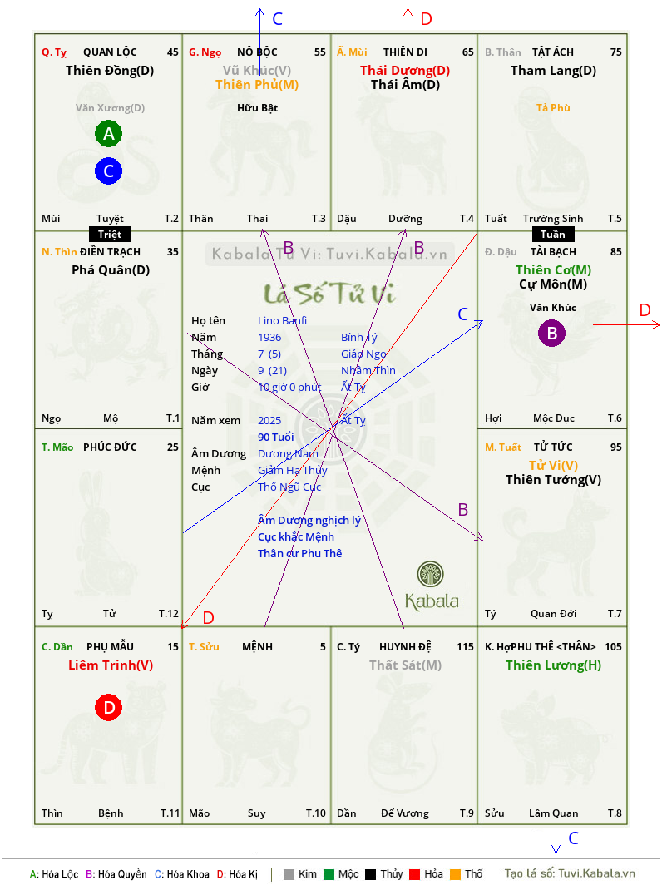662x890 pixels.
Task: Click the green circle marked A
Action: [108, 134]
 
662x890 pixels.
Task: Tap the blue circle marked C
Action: [108, 171]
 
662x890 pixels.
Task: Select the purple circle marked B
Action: [552, 334]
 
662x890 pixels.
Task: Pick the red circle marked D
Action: [108, 707]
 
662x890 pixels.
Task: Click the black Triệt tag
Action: [110, 235]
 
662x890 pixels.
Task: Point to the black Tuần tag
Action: [553, 235]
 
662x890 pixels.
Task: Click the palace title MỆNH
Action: [257, 646]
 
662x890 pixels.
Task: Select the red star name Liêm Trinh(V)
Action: [111, 665]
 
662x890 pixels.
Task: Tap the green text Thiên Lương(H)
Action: [554, 665]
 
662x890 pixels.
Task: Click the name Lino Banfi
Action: [282, 321]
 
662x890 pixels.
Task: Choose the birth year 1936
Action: [269, 337]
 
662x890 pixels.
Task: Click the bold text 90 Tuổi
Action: [276, 437]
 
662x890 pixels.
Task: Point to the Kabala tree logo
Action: [431, 574]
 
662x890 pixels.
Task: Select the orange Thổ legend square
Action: [456, 874]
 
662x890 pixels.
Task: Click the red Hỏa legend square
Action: [414, 874]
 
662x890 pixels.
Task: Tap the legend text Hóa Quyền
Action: [122, 874]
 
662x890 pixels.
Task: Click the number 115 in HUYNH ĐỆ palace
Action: [465, 646]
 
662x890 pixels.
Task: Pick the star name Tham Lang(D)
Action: [554, 71]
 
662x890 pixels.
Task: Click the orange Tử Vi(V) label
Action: [554, 466]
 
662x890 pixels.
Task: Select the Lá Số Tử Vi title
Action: [330, 294]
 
